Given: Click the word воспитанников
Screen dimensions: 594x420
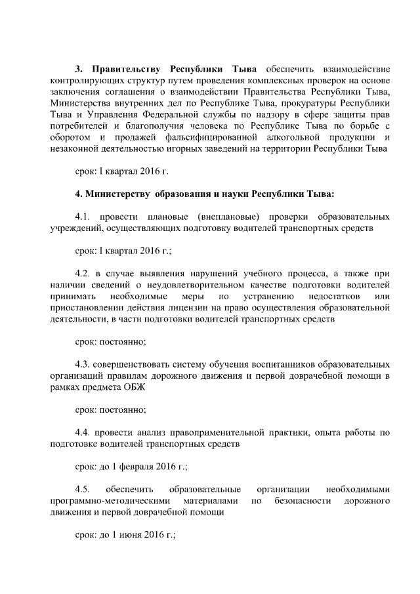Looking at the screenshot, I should point(283,363).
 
